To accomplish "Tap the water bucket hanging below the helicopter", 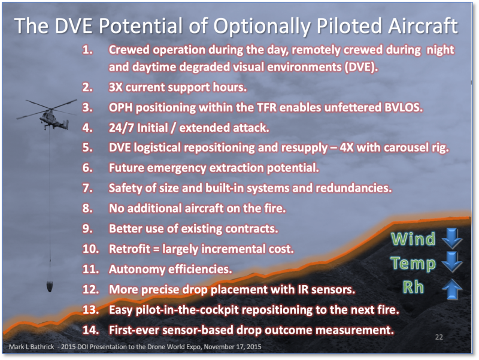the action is tap(50, 286).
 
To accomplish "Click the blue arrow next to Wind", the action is tap(452, 238).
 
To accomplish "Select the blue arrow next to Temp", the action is tap(452, 262).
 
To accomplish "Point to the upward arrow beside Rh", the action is tap(452, 289).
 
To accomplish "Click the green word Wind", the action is tap(413, 238).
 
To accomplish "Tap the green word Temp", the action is tap(413, 263).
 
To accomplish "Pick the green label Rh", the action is tap(413, 288).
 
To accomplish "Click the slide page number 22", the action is tap(439, 337).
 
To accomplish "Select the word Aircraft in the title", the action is tap(423, 25).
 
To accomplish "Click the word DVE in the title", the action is tap(73, 25).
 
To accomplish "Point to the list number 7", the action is tap(87, 188).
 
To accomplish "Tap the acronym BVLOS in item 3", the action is tap(402, 107).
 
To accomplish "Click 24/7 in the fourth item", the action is tap(121, 128).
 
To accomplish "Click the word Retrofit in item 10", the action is tap(129, 249).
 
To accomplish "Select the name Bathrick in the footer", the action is tap(43, 347).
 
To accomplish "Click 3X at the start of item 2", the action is tap(116, 87).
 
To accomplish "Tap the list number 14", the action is tap(91, 330).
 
